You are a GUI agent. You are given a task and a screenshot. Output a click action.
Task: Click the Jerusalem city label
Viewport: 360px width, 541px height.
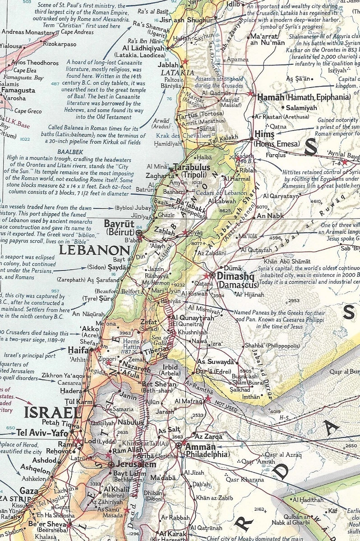pos(134,464)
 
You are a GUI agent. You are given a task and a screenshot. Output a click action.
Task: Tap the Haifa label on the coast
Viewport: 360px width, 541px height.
pos(78,349)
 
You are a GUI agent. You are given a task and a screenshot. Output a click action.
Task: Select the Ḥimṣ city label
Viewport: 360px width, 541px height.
pos(264,134)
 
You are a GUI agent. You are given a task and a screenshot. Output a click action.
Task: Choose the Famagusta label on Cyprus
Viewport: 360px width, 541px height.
pos(18,91)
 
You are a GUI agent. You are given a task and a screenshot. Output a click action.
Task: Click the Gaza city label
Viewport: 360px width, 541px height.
pos(28,491)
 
